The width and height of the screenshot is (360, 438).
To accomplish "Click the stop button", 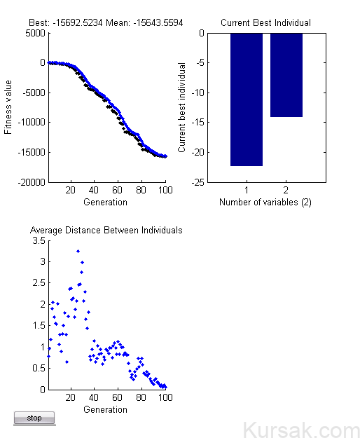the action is point(34,418).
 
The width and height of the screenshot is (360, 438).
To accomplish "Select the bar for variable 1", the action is point(247,100).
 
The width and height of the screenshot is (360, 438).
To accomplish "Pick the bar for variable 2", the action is point(286,75).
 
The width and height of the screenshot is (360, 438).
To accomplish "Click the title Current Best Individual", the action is point(265,22).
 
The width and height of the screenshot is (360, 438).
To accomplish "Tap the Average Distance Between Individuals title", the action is point(106,230).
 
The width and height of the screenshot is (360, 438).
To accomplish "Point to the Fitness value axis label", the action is point(8,107).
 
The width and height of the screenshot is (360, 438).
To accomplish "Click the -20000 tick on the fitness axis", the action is point(32,182).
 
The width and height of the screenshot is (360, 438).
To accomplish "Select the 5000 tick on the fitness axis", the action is point(35,33).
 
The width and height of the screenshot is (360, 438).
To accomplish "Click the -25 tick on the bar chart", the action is point(198,182).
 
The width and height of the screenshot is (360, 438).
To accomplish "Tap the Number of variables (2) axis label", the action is point(265,202).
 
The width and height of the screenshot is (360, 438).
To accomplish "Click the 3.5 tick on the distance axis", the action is point(39,240).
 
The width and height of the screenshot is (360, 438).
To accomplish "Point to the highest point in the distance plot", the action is point(78,251).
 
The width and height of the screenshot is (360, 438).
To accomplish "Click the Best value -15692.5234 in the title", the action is point(78,22).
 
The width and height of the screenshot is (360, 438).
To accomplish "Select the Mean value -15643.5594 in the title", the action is point(158,22).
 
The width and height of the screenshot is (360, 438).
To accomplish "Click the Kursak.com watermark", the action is point(301,429).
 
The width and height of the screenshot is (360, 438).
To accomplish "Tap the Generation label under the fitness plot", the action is point(105,202).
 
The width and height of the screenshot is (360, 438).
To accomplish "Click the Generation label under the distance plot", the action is point(105,409).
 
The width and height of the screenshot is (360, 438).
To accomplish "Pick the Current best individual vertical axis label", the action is point(181,107).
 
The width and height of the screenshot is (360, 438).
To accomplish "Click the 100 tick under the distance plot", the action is point(165,397).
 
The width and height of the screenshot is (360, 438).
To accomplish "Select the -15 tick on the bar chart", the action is point(198,123).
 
